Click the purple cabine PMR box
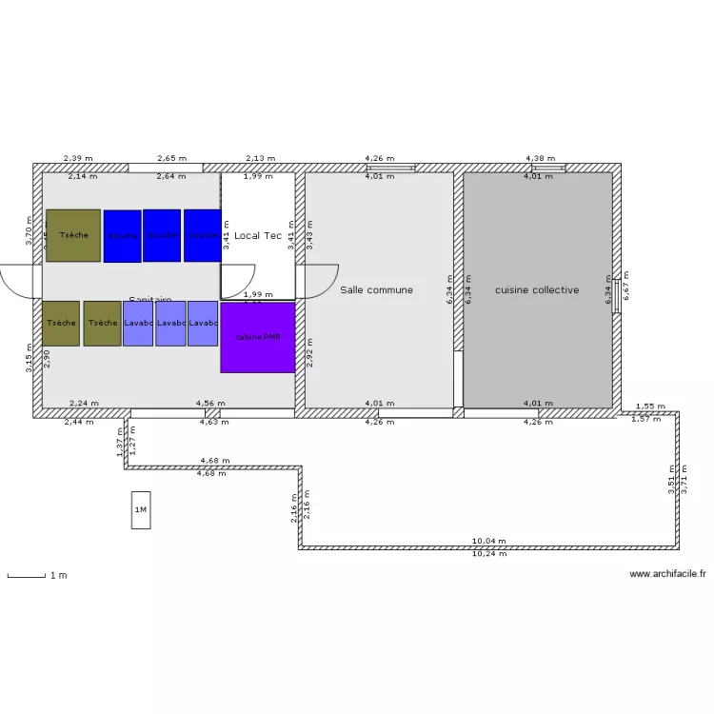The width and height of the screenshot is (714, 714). coord(257,338)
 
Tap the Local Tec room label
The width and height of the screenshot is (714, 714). coord(258,235)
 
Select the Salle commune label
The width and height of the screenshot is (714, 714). coord(377,289)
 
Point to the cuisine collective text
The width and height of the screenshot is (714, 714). coord(537,289)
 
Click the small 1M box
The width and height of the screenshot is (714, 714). coord(141,510)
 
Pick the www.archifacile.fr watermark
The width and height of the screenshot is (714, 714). coord(667,574)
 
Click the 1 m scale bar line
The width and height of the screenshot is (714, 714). coord(26,576)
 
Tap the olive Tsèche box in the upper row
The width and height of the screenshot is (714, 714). coord(72,235)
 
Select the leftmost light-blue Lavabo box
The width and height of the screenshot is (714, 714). coord(138,323)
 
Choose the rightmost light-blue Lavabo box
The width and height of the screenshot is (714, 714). coord(203,323)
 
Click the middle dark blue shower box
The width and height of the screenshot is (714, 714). coord(162,235)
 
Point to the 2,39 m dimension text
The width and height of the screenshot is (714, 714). coord(78,158)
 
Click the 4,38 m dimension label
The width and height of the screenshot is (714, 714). coord(540,158)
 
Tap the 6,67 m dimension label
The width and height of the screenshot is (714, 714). coord(625,285)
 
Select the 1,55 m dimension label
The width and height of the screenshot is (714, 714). coord(650,406)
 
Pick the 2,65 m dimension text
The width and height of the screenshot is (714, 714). coord(171,158)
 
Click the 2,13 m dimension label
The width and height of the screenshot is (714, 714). coord(260,158)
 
